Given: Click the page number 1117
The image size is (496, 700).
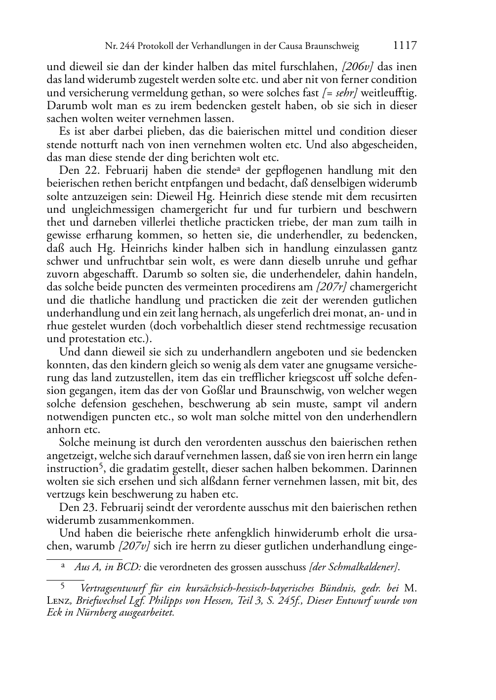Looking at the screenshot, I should pyautogui.click(x=405, y=46).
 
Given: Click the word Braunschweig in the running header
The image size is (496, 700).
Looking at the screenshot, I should pyautogui.click(x=333, y=46).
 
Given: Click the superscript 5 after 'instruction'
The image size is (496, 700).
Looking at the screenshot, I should pyautogui.click(x=100, y=466).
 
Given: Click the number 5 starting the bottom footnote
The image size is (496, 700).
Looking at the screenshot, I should pyautogui.click(x=63, y=587).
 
